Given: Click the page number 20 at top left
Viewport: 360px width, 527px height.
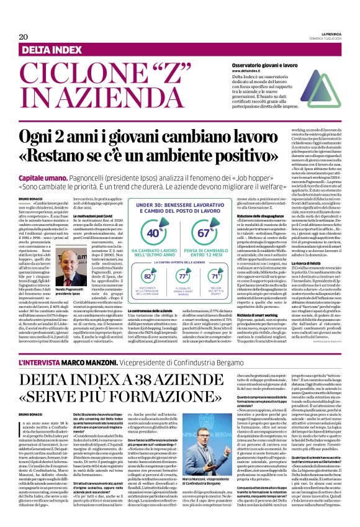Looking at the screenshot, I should (x=24, y=37).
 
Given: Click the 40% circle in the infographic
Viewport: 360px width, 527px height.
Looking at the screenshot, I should (x=151, y=232).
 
